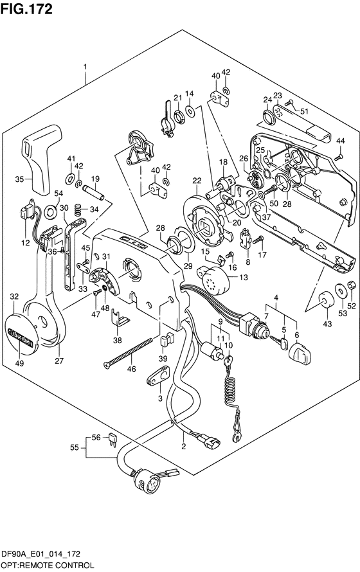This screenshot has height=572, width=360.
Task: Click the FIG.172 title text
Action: pyautogui.click(x=26, y=9)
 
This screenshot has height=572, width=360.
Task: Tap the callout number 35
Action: pyautogui.click(x=20, y=179)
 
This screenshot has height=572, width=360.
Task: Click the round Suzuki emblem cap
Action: pyautogui.click(x=19, y=334)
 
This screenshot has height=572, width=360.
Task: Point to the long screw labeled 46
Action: pyautogui.click(x=128, y=353)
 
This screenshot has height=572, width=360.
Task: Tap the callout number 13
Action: pyautogui.click(x=244, y=277)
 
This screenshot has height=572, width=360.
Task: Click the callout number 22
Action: pyautogui.click(x=197, y=180)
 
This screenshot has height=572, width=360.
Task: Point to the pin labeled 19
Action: pyautogui.click(x=93, y=192)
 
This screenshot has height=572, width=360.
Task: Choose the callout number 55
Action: pyautogui.click(x=75, y=447)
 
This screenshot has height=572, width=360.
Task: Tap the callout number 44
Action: pyautogui.click(x=340, y=141)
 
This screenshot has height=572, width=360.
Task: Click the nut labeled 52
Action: pyautogui.click(x=351, y=284)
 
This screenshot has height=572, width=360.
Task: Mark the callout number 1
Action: pyautogui.click(x=85, y=67)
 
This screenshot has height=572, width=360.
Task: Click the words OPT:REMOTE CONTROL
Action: pyautogui.click(x=48, y=566)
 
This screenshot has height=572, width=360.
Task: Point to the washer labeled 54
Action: pyautogui.click(x=50, y=211)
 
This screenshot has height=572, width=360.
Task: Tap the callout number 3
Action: pyautogui.click(x=160, y=398)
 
